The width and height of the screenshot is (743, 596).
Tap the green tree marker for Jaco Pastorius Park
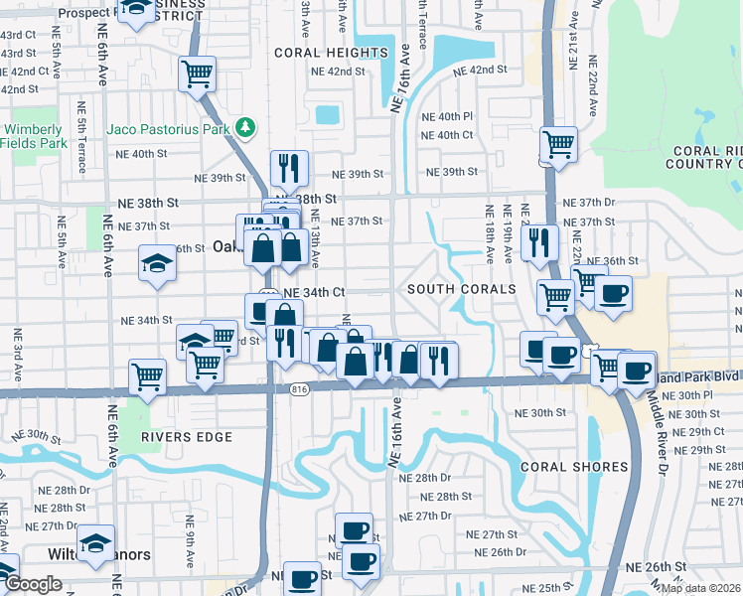pos(244,128)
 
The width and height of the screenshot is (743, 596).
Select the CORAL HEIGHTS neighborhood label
pos(331,53)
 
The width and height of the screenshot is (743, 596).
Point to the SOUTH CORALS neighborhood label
pos(462,289)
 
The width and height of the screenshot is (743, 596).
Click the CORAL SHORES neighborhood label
pos(574,467)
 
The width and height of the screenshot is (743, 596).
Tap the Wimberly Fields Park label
pos(32,136)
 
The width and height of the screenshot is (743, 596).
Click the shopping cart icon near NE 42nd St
pos(198,73)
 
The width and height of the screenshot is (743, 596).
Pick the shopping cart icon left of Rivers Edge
pos(148,376)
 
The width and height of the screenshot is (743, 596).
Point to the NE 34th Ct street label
pos(314,293)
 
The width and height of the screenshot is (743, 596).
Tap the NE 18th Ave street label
pos(489,234)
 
